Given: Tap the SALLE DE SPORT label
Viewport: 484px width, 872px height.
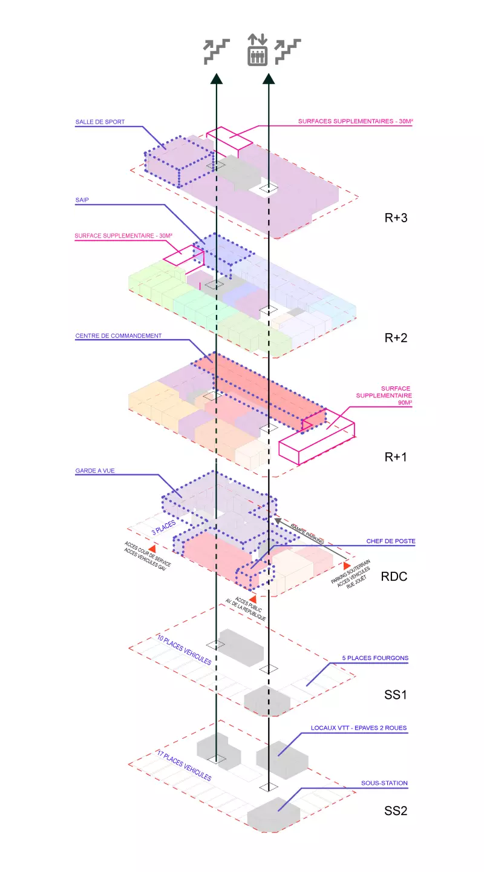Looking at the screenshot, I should (100, 122).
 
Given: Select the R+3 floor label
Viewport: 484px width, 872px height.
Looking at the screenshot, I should (396, 218).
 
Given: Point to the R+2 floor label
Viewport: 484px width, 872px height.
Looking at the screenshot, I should (396, 338).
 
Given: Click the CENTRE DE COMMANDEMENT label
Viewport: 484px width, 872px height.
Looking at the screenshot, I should (119, 335).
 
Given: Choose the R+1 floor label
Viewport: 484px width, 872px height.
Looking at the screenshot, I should (396, 457).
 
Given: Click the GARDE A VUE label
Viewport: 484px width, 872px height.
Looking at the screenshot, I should (96, 470).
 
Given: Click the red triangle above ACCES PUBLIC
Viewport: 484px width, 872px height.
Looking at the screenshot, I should (253, 598).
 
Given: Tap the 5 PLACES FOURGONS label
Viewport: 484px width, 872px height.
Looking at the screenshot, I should (375, 658).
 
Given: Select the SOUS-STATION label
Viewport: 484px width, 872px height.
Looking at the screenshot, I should (384, 783).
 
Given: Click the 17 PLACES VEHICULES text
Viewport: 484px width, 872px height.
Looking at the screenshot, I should (184, 765).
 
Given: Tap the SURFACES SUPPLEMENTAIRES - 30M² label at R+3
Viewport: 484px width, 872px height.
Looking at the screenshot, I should (356, 122).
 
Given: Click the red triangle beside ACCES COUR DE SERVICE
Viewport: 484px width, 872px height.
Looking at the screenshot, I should (152, 548).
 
